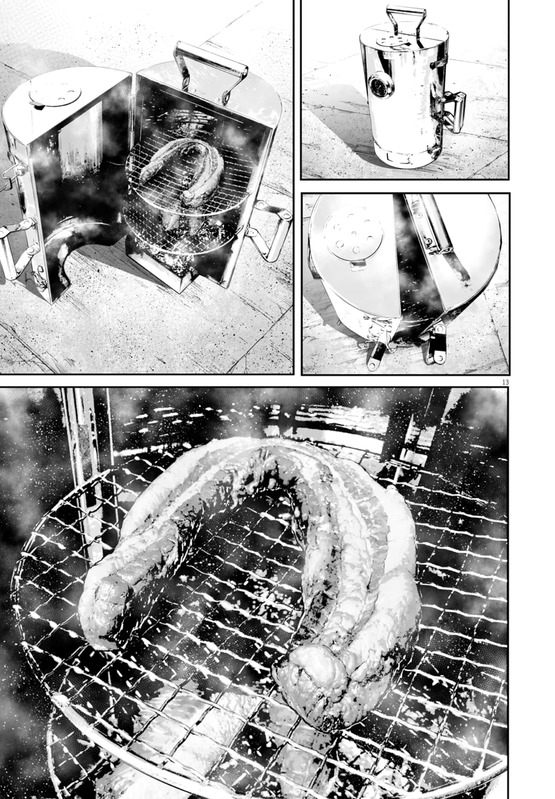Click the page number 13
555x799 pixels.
[x=505, y=382]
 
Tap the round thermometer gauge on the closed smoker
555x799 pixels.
[x=377, y=82]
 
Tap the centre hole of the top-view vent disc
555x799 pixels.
[x=354, y=234]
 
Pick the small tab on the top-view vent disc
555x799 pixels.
[x=358, y=266]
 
